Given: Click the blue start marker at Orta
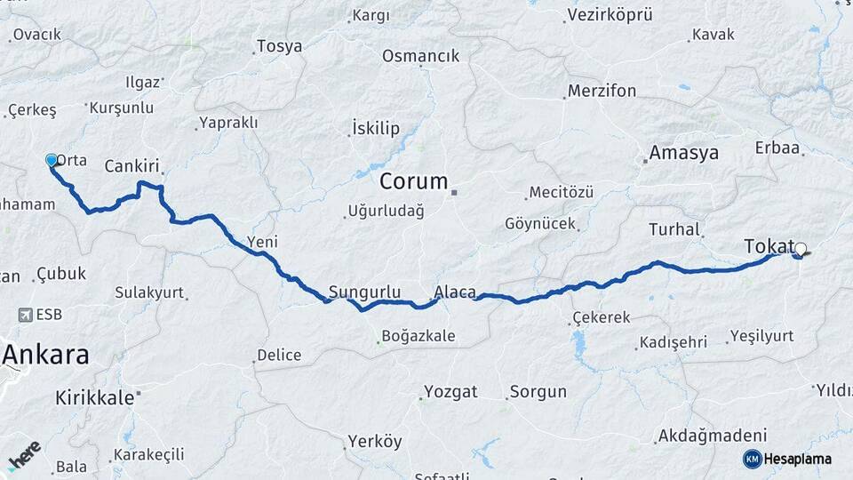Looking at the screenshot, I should (x=52, y=160).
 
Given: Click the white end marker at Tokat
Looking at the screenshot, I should (x=801, y=250).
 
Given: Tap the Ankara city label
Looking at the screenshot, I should (x=45, y=355).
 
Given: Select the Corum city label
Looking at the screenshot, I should (x=414, y=181).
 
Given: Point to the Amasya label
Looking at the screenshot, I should (x=683, y=152).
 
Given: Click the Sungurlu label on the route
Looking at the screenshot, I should (x=364, y=292).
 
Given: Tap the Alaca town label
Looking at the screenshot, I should (x=455, y=292).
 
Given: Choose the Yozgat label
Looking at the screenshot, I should (x=450, y=391).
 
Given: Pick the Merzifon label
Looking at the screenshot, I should (x=602, y=91).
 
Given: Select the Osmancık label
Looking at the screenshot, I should (x=420, y=56).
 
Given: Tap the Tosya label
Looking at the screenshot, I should (x=279, y=46).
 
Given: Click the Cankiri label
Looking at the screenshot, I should (x=132, y=166).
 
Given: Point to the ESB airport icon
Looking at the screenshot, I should (x=28, y=315).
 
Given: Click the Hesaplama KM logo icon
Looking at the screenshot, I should (x=752, y=459).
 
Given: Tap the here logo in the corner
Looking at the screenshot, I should (x=24, y=454).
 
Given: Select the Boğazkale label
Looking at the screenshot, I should (x=418, y=336).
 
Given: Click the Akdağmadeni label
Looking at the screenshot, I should (x=711, y=436).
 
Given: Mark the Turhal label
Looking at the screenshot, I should (x=674, y=228).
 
